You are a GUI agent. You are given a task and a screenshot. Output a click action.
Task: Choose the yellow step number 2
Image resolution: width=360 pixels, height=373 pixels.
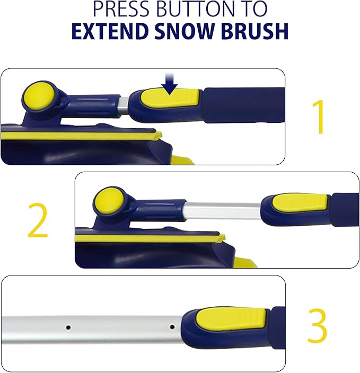(x=38, y=223)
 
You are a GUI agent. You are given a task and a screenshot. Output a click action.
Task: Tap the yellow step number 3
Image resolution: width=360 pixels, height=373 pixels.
(x=317, y=327)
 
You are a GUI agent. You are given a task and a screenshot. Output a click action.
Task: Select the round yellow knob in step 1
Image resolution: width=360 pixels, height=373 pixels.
(x=37, y=96)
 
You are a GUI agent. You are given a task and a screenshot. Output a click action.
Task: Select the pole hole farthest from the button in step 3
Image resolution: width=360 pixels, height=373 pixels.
(x=68, y=327)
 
